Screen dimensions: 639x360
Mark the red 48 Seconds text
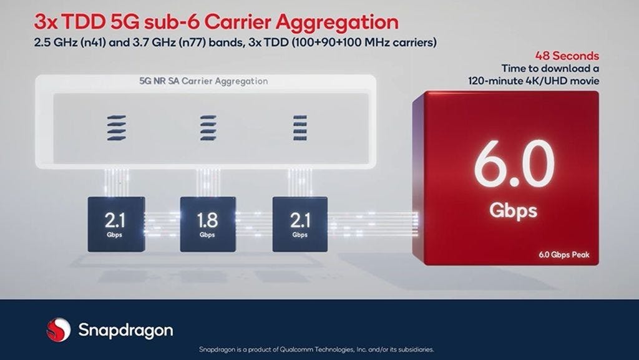567,56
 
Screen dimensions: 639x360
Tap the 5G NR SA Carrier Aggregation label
203,81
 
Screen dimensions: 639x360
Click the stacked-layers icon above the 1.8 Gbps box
208,128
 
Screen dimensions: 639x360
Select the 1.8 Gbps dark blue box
208,224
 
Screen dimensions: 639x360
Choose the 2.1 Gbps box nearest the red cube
300,224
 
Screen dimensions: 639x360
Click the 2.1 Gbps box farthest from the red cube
116,224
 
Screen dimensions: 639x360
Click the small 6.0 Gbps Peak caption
564,255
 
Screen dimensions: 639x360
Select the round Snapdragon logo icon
58,329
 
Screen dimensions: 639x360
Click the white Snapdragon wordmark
125,331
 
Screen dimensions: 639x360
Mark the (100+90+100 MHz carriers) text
364,43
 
